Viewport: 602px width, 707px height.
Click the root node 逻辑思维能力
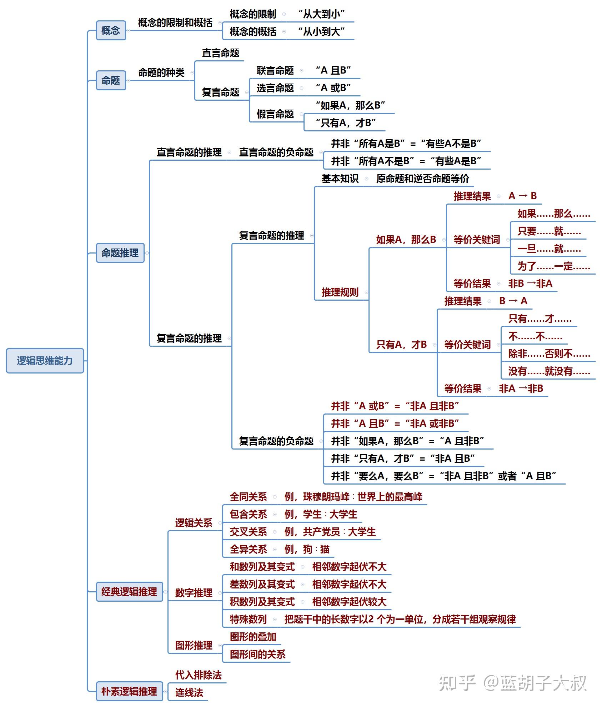45,361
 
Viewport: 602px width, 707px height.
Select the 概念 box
111,30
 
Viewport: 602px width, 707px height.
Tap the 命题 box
111,80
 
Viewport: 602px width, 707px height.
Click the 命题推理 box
120,253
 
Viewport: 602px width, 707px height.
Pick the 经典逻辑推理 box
129,592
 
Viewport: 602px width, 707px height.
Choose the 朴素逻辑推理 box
129,691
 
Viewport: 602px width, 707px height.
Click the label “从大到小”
321,14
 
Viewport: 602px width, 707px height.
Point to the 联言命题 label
275,70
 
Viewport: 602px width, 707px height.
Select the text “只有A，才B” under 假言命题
345,123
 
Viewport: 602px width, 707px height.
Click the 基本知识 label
340,179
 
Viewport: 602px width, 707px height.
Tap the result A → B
522,196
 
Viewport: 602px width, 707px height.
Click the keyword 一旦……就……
549,249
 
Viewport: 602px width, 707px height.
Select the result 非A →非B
521,388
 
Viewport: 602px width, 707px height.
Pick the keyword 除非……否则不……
549,353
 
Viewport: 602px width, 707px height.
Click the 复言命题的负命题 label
276,441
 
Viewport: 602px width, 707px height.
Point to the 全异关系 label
248,549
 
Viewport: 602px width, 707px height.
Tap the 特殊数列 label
248,619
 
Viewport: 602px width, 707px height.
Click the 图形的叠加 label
253,637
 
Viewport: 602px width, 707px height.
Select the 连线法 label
189,692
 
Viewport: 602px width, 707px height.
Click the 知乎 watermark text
457,683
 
